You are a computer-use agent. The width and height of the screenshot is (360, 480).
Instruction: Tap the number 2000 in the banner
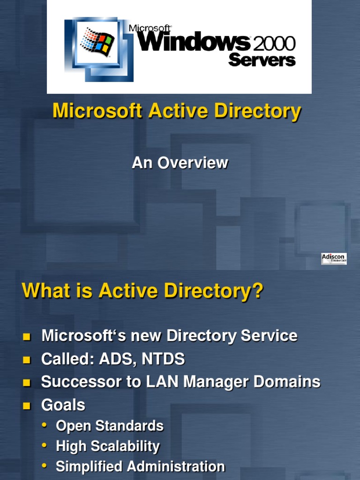tap(274, 44)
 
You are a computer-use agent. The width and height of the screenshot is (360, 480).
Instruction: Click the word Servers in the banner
tap(262, 60)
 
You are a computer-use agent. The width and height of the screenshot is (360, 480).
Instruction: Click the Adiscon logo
tap(334, 259)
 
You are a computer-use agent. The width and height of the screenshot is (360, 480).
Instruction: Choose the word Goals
tap(63, 405)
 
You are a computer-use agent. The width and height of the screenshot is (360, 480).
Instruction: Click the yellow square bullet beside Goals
tap(27, 405)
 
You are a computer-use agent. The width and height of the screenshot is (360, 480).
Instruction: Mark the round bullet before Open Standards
tap(45, 425)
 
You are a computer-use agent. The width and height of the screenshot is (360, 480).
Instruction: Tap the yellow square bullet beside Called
tap(27, 360)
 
